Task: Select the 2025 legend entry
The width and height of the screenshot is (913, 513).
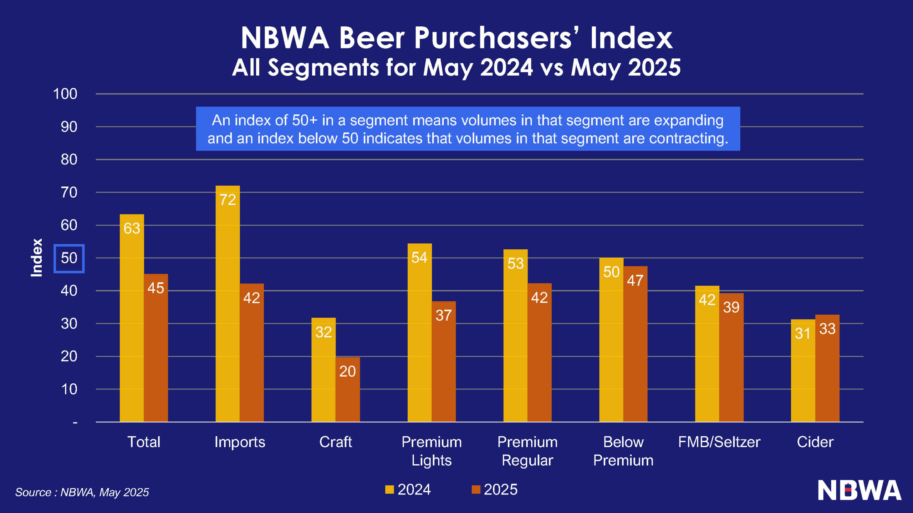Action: (494, 489)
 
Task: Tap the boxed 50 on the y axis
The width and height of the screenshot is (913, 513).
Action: (69, 258)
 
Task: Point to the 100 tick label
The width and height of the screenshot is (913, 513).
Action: (65, 94)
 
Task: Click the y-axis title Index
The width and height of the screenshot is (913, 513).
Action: (36, 258)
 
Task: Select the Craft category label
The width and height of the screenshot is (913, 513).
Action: (335, 442)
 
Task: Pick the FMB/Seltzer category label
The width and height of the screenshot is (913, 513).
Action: (719, 442)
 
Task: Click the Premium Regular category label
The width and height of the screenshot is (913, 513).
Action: (527, 451)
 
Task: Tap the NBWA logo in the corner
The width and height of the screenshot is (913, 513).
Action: (859, 490)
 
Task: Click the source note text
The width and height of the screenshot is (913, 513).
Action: (82, 492)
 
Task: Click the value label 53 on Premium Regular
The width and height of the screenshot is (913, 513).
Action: (515, 264)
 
